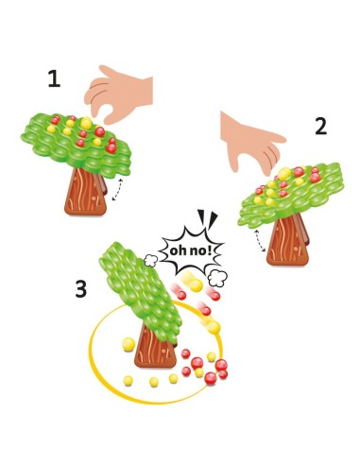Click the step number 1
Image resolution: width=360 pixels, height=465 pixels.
(x=54, y=81)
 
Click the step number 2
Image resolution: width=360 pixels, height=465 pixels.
(x=321, y=126)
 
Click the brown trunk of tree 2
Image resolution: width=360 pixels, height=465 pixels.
(x=287, y=241)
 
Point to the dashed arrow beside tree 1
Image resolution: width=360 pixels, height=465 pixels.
(x=119, y=193)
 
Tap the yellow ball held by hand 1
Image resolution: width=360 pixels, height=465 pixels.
(x=86, y=123)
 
